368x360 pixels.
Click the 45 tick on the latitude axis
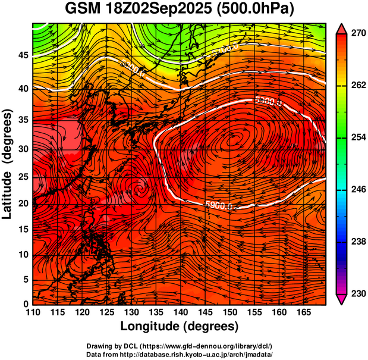click(x=22, y=55)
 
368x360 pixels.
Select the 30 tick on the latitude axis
click(x=22, y=149)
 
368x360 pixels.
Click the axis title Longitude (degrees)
click(x=179, y=327)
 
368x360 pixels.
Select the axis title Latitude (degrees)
click(x=8, y=164)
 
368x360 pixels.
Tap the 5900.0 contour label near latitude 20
click(x=218, y=206)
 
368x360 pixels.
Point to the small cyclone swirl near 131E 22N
click(x=140, y=189)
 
